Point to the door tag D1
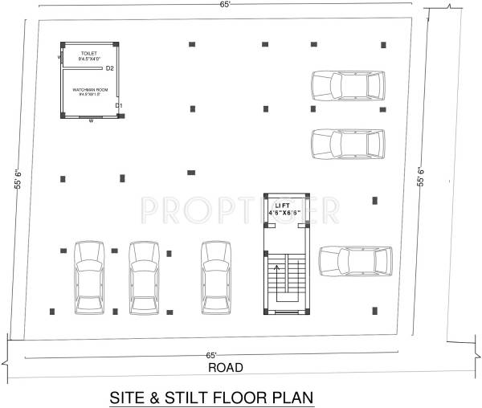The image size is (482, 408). point(118,105)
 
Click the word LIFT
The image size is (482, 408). point(282,206)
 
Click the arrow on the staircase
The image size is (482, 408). point(280,282)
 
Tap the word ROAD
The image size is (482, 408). point(226,368)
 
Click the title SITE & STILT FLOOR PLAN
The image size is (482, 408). point(210,398)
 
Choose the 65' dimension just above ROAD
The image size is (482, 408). point(211,354)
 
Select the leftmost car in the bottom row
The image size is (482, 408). point(87,277)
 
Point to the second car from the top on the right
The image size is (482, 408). point(347,144)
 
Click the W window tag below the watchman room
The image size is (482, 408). point(91,121)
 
